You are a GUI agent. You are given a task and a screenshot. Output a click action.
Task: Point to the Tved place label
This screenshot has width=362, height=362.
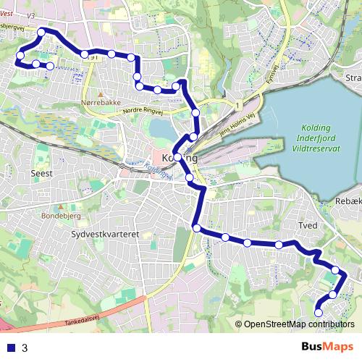click(308, 226)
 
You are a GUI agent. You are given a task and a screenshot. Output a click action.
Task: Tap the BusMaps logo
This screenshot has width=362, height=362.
click(327, 348)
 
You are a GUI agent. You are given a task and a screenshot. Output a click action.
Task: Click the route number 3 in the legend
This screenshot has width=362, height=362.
click(25, 348)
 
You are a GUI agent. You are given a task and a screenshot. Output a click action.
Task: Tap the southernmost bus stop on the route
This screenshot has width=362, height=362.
click(319, 312)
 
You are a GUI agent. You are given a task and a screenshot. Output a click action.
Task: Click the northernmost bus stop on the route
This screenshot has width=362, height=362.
click(42, 32)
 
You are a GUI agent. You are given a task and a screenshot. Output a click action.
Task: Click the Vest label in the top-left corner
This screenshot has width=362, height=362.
click(7, 4)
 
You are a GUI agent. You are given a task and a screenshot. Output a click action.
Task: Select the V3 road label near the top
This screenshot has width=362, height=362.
click(30, 14)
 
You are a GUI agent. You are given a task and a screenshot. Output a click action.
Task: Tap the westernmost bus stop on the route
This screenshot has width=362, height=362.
click(20, 56)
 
